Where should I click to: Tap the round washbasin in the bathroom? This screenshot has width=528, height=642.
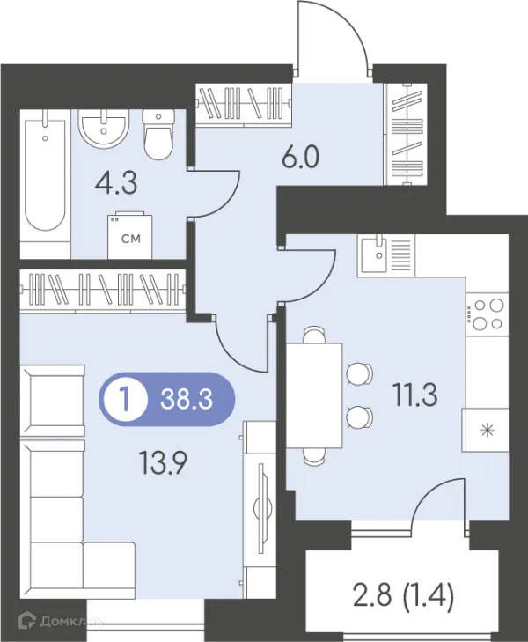[x=104, y=129]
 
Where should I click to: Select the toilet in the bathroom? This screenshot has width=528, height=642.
[x=158, y=135]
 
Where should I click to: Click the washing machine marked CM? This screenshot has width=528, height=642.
[x=130, y=235]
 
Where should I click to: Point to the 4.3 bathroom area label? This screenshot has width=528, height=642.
[x=116, y=183]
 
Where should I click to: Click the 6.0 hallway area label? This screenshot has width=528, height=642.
[x=301, y=157]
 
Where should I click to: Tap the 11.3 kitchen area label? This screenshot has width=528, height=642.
[x=415, y=395]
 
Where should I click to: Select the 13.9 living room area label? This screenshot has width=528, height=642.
[x=163, y=462]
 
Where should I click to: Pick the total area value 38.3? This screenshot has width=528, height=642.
[x=187, y=399]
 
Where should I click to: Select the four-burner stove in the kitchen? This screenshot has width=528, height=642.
[x=488, y=314]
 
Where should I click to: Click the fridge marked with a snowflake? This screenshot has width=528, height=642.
[x=486, y=430]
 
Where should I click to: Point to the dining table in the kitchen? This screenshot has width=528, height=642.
[x=314, y=395]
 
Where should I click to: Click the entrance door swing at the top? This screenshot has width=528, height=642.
[x=334, y=38]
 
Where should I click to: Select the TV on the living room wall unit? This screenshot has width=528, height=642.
[x=260, y=508]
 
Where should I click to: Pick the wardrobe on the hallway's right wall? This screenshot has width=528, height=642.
[x=407, y=134]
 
